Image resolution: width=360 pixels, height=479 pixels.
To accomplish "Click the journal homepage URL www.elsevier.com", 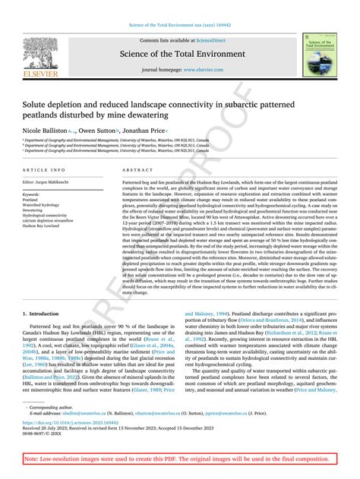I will [206, 69].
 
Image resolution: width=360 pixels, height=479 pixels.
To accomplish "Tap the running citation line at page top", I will [180, 6].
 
